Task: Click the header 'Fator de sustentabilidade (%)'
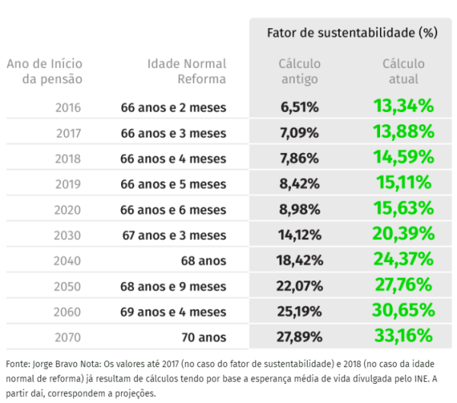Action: [x=352, y=33]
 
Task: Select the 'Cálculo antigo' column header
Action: [x=299, y=71]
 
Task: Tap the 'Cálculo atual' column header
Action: [x=402, y=71]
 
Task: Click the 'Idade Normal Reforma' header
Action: [x=186, y=71]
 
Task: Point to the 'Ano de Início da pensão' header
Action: [x=45, y=71]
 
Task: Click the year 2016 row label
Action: [x=69, y=107]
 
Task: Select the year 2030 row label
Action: [x=69, y=235]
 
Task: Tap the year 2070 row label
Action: [x=69, y=337]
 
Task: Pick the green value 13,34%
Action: [x=404, y=107]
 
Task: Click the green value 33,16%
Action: [x=404, y=336]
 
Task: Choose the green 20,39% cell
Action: [x=404, y=234]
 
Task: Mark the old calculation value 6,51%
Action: [x=300, y=107]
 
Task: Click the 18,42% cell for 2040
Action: [x=300, y=261]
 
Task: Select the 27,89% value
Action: [x=300, y=337]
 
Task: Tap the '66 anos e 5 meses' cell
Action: [x=174, y=184]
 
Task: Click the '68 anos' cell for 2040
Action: [x=203, y=261]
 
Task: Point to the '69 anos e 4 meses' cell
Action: [x=174, y=311]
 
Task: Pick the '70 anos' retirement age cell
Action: [x=203, y=337]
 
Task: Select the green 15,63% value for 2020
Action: [x=404, y=209]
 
